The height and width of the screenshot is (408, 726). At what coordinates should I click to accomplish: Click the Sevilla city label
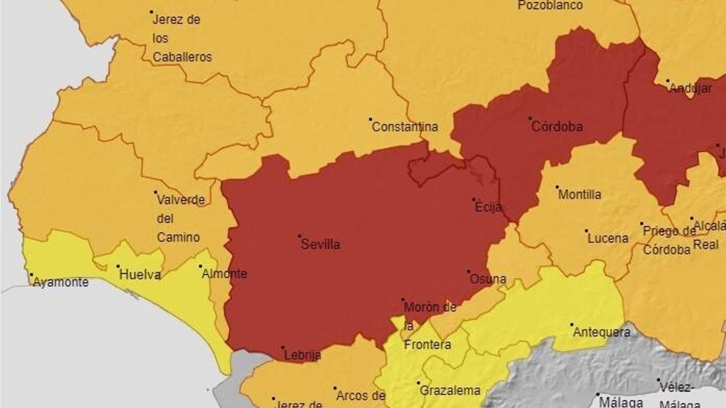(x=320, y=244)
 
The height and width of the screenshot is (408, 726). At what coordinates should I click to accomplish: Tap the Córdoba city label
(x=557, y=126)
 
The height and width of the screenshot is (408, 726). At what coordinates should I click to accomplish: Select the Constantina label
(x=405, y=127)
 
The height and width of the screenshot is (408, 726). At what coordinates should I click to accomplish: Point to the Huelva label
(x=140, y=275)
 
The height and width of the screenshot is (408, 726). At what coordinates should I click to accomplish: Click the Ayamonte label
(x=61, y=282)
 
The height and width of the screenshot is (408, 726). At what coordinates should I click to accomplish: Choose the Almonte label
(x=225, y=274)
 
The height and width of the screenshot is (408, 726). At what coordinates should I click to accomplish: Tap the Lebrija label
(x=303, y=355)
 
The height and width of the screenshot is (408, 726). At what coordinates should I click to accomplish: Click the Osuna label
(x=488, y=279)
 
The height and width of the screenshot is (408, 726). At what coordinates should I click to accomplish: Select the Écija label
(x=488, y=207)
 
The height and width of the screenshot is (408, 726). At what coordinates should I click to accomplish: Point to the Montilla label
(x=579, y=195)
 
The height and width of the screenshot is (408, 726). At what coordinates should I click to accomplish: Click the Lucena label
(x=608, y=238)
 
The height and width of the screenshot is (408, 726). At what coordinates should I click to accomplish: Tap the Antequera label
(x=602, y=332)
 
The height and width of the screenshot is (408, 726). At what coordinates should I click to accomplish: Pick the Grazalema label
(x=450, y=391)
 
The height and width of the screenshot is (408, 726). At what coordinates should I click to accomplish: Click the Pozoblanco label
(x=550, y=5)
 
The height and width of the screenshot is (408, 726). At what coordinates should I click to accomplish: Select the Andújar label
(x=691, y=88)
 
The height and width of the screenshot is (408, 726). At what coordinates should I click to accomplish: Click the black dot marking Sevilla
(x=299, y=236)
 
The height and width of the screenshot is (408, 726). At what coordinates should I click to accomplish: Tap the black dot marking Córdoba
(x=530, y=118)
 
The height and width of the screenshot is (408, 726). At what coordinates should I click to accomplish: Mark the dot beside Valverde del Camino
(x=156, y=192)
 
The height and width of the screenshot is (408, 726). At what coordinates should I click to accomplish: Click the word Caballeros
(x=182, y=57)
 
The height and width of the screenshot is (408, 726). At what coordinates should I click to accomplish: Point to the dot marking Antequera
(x=572, y=325)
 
